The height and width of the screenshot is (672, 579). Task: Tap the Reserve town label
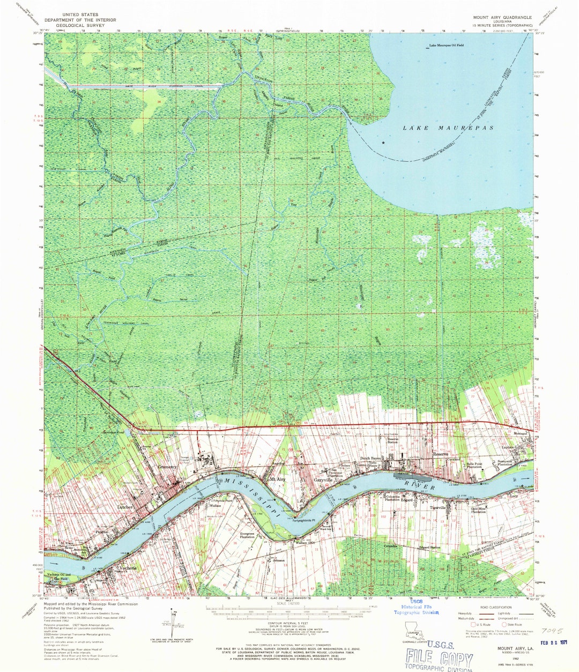[441, 454]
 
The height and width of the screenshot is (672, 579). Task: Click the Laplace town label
[507, 447]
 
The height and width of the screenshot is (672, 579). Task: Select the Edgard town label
[406, 501]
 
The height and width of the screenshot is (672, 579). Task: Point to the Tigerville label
[437, 507]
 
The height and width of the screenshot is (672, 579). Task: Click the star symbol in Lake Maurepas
[383, 143]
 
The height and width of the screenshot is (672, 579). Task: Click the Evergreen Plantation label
[247, 535]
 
